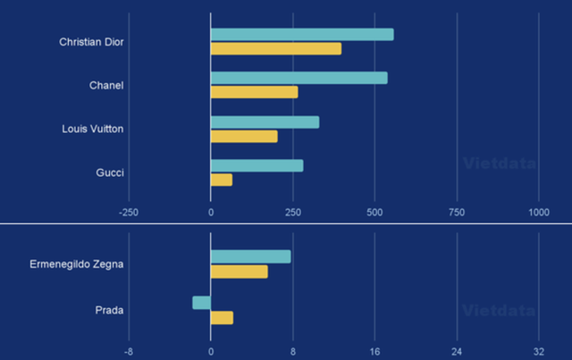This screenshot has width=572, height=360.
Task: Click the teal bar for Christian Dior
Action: coord(302,35)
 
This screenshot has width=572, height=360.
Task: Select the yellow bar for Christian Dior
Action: coord(276,48)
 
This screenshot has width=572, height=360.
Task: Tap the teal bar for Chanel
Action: coord(299,78)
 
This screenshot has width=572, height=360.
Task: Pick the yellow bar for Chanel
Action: coord(255,92)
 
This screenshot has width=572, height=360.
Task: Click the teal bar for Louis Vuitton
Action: coord(265,122)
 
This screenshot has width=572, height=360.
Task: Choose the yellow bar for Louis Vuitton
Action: coord(244,136)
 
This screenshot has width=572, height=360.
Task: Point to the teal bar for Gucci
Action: coord(257,165)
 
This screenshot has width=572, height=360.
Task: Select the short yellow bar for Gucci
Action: coord(222,180)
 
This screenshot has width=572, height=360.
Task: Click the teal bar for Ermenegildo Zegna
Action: coord(250,257)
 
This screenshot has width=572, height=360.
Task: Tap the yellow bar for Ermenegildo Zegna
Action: coord(239,272)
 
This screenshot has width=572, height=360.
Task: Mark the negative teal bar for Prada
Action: coord(202,303)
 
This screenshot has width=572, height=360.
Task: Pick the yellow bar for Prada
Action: coord(222,317)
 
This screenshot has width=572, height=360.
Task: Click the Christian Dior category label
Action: coord(91,42)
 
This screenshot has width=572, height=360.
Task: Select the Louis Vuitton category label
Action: coord(93,129)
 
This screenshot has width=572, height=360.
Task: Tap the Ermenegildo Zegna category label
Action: coord(77,264)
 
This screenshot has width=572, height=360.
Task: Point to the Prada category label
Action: coord(109,310)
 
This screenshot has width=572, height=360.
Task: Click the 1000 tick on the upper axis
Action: coord(539,212)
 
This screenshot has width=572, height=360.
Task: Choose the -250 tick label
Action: coord(129,212)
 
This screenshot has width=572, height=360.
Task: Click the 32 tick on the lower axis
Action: coord(539,351)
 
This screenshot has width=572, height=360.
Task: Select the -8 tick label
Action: coord(129,351)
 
